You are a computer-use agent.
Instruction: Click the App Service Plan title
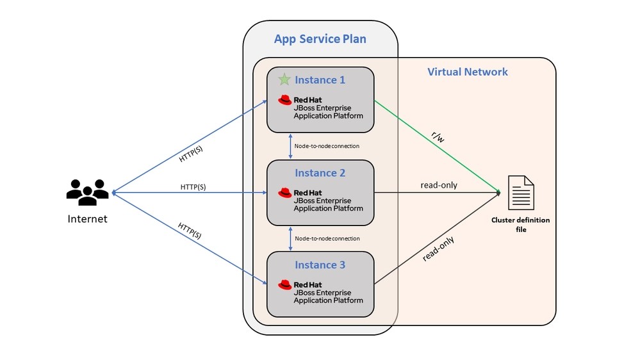point(320,39)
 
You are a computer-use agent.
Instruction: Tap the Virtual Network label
point(467,72)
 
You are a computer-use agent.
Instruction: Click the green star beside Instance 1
point(284,80)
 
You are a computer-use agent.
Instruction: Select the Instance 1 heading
point(320,80)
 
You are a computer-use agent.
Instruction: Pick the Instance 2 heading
point(320,173)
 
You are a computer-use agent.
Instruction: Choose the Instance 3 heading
point(320,265)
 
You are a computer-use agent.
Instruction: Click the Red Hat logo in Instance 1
point(285,100)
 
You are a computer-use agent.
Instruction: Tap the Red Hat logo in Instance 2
point(285,192)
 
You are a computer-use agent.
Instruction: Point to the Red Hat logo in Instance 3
point(285,284)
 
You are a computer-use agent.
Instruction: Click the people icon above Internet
point(88,191)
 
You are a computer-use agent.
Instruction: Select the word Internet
point(88,219)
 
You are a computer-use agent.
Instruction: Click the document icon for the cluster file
point(520,192)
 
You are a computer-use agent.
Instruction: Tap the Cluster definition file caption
point(520,224)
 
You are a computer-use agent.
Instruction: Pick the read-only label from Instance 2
point(439,185)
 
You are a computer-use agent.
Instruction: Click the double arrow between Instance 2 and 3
point(291,238)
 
